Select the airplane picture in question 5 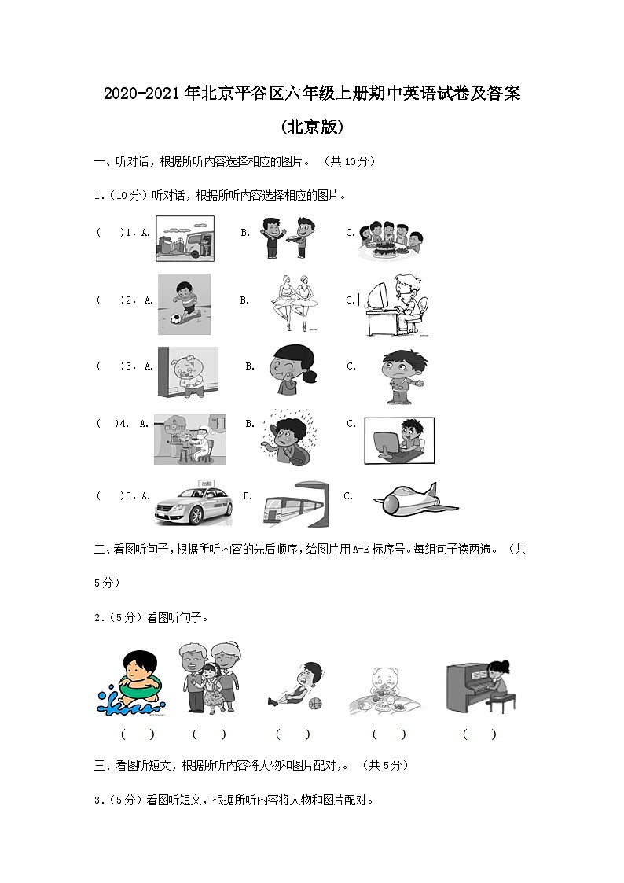click(x=414, y=499)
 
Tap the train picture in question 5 click(x=295, y=504)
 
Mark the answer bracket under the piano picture click(x=479, y=734)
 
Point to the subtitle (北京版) click(x=312, y=127)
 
